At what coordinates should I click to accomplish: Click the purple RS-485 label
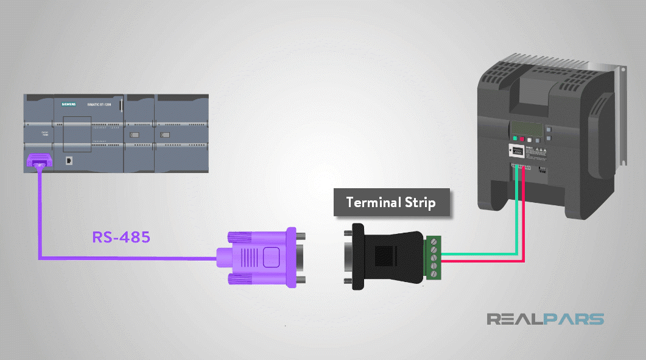click(x=121, y=237)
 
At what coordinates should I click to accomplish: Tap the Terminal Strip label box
click(x=391, y=202)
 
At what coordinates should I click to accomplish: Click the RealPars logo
click(x=545, y=319)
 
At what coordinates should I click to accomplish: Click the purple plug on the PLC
click(x=39, y=161)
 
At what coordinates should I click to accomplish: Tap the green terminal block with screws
click(x=433, y=257)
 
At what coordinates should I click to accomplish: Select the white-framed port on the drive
click(x=514, y=152)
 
